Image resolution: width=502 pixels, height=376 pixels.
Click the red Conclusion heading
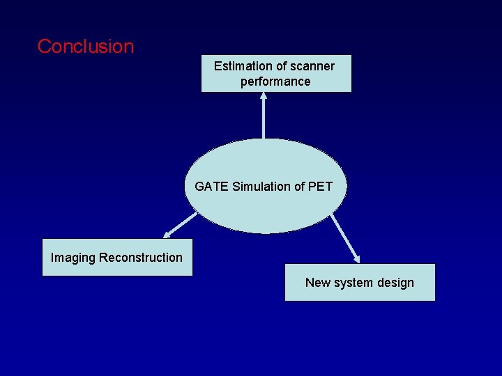click(85, 47)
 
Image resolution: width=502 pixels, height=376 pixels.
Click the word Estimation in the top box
click(241, 66)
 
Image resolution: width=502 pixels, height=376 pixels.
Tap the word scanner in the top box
click(312, 66)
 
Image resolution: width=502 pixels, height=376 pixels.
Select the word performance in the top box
click(275, 81)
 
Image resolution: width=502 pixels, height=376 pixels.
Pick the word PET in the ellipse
click(320, 187)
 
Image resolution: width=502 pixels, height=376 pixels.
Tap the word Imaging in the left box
click(73, 258)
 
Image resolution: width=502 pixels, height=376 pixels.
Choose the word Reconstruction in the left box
click(141, 258)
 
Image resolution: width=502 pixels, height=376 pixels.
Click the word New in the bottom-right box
click(317, 283)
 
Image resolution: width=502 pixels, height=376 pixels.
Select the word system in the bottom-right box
click(353, 283)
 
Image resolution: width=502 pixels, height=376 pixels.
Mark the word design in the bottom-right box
click(395, 283)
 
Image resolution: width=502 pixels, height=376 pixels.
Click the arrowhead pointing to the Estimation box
click(264, 97)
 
